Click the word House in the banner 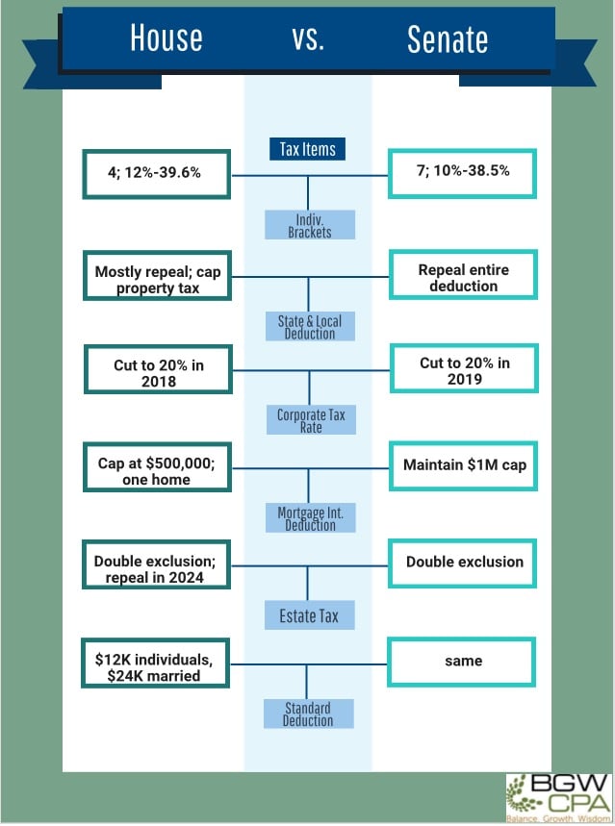pos(167,38)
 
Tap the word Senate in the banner pos(448,39)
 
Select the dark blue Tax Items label pos(308,149)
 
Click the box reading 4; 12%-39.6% pos(156,174)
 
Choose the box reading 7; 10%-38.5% pos(462,173)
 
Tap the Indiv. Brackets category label pos(310,225)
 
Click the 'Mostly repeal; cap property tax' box pos(157,276)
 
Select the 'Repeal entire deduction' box pos(463,274)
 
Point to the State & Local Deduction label pos(310,326)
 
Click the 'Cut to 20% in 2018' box pos(158,369)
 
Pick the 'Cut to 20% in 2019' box pos(464,368)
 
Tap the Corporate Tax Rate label pos(311,420)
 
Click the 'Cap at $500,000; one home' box pos(157,467)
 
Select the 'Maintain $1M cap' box pos(463,466)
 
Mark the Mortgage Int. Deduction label pos(310,518)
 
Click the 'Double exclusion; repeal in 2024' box pos(156,564)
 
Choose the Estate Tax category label pos(309,615)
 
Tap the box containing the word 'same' pos(462,663)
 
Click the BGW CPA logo pos(559,797)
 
